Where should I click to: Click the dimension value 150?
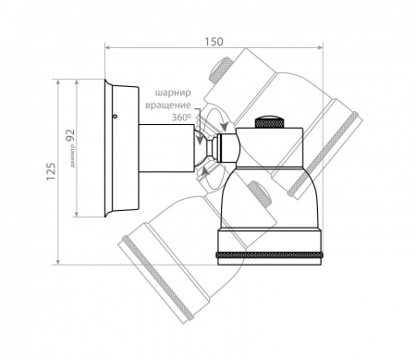coord(214,42)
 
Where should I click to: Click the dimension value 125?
coord(51,171)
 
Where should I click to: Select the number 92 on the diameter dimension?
coord(70,135)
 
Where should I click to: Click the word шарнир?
coord(173,93)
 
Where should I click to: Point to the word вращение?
coord(168,105)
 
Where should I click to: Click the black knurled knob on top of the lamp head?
coord(269,122)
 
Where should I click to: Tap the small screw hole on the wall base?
coord(115,117)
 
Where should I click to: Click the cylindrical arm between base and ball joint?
coord(166,148)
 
